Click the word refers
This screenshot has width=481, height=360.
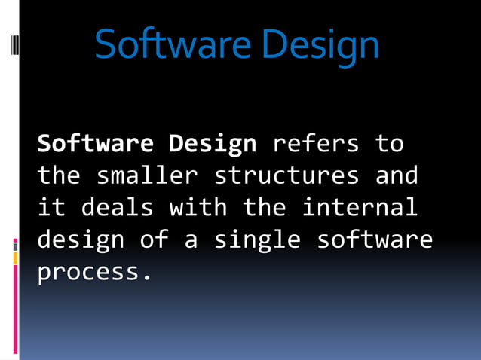(315, 142)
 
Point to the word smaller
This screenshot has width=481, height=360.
(147, 175)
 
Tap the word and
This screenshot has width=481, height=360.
(396, 175)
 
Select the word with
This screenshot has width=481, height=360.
(198, 207)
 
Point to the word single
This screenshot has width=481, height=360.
(257, 240)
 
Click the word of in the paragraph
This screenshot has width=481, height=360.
(154, 239)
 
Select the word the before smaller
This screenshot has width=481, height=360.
(60, 175)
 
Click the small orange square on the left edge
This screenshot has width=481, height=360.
(15, 258)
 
